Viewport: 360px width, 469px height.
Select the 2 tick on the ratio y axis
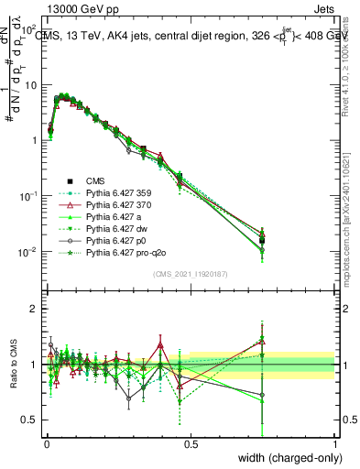37,309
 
